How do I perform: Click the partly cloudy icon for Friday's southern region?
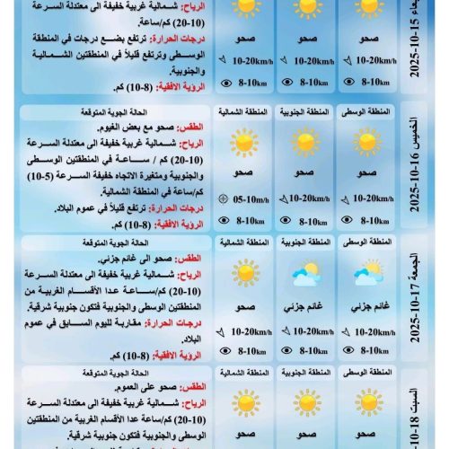(x=304, y=276)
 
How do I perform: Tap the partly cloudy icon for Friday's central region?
(x=367, y=276)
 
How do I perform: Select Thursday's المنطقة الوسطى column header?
(x=367, y=112)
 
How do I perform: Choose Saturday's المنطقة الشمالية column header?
(x=243, y=372)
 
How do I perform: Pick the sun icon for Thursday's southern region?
(x=304, y=142)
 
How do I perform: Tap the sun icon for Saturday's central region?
(x=367, y=401)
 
